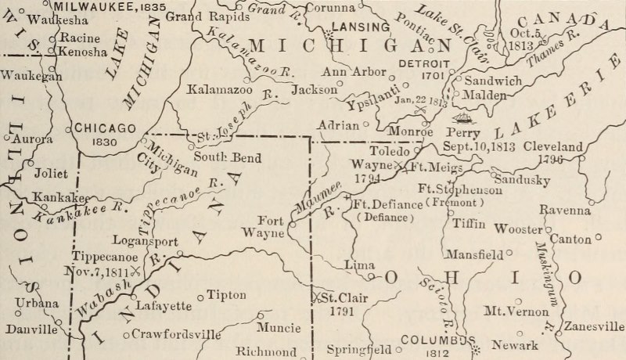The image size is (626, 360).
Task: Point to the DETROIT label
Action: (x=422, y=63)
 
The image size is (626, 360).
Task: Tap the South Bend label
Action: (x=228, y=157)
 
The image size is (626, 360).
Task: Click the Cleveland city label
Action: (x=553, y=146)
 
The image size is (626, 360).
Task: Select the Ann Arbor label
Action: (x=354, y=73)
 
